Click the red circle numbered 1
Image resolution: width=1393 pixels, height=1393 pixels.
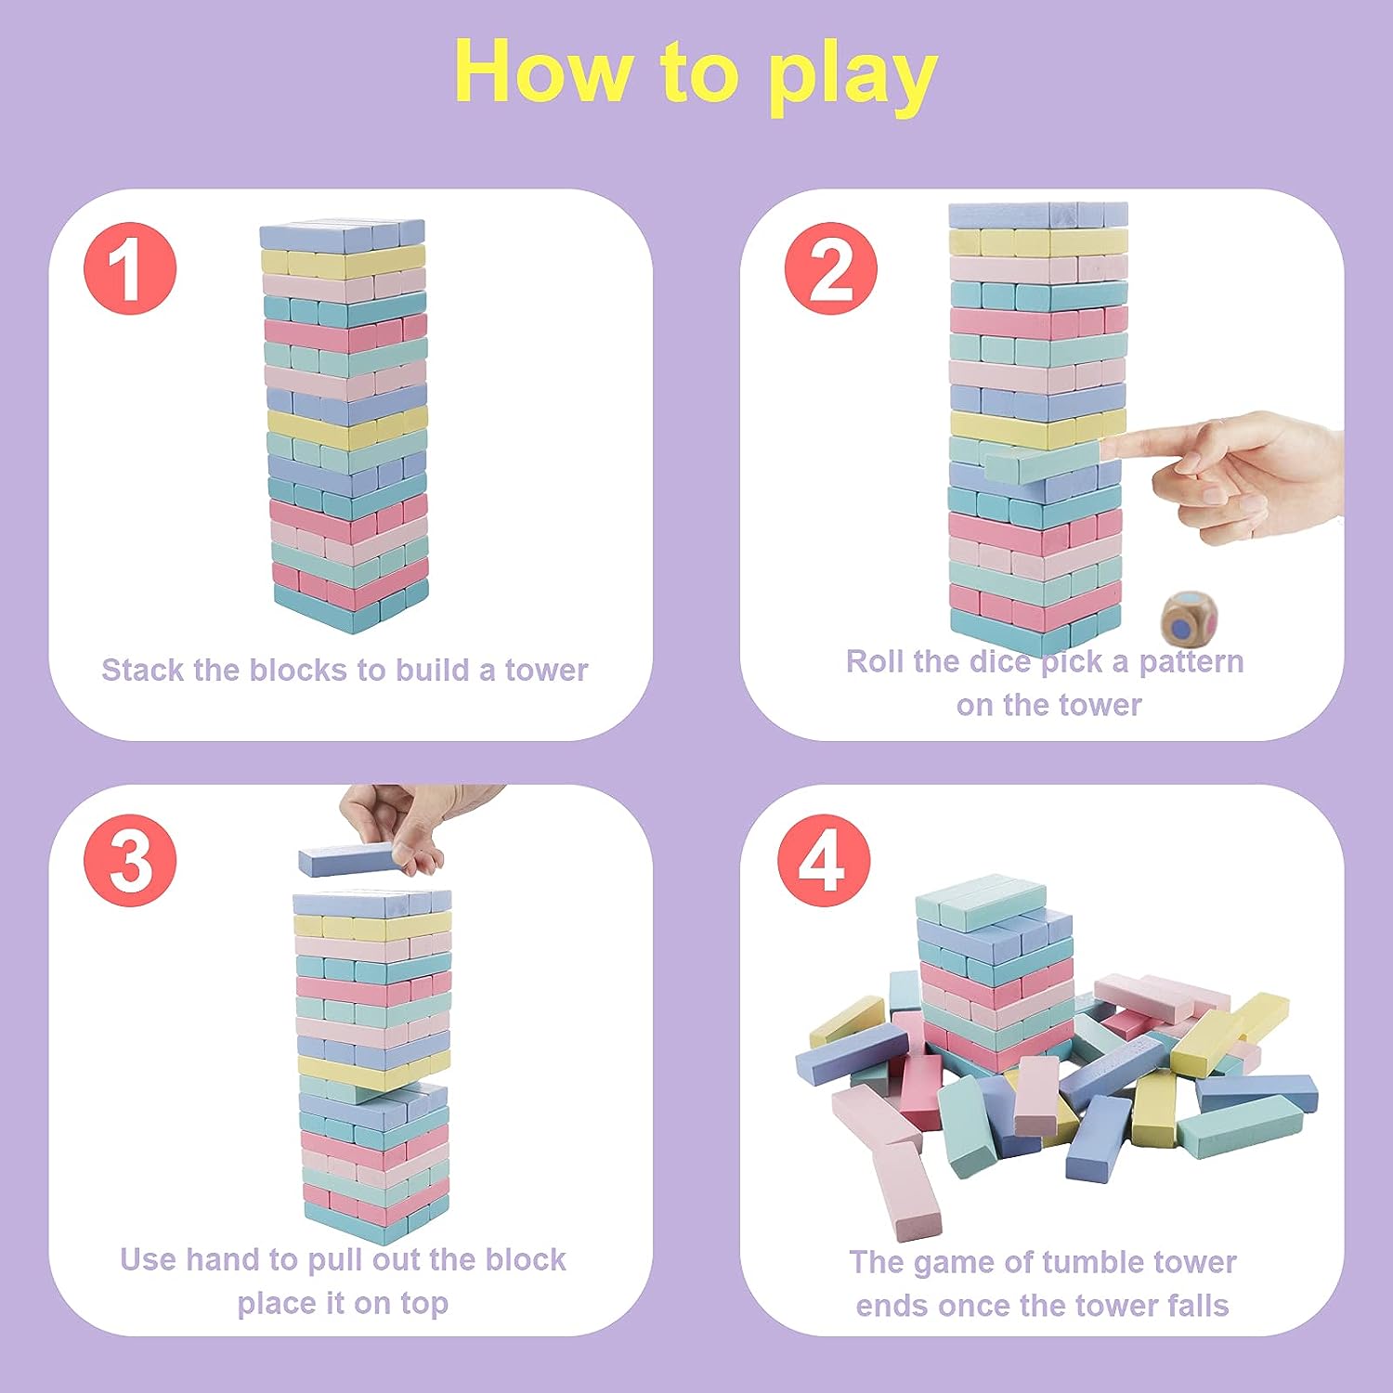[130, 268]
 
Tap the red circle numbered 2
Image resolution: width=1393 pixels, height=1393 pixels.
[831, 268]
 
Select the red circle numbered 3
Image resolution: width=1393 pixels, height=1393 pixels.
[130, 861]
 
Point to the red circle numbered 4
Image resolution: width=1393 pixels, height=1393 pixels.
[825, 861]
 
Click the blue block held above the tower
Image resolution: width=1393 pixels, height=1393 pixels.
[356, 860]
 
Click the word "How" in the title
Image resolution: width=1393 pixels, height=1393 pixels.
[540, 72]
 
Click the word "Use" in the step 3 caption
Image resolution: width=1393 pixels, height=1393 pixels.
[147, 1259]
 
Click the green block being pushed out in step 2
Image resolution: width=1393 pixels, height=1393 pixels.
[1042, 462]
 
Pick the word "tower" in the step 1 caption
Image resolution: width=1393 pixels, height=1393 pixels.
[546, 670]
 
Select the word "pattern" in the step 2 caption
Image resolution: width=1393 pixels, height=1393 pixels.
[1191, 661]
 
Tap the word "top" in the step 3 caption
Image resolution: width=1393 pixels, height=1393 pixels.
[424, 1305]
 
